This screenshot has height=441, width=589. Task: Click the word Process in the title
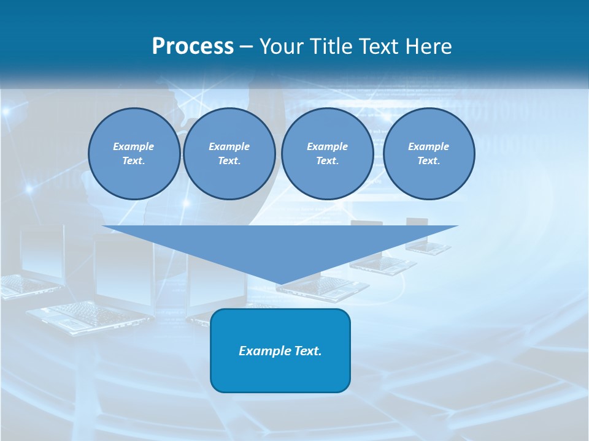193,47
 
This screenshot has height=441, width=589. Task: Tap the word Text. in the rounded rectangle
307,351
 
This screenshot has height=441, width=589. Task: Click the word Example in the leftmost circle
134,146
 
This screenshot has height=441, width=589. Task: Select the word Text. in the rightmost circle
428,160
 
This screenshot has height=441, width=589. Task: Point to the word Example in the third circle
327,146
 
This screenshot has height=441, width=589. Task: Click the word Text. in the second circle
229,160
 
